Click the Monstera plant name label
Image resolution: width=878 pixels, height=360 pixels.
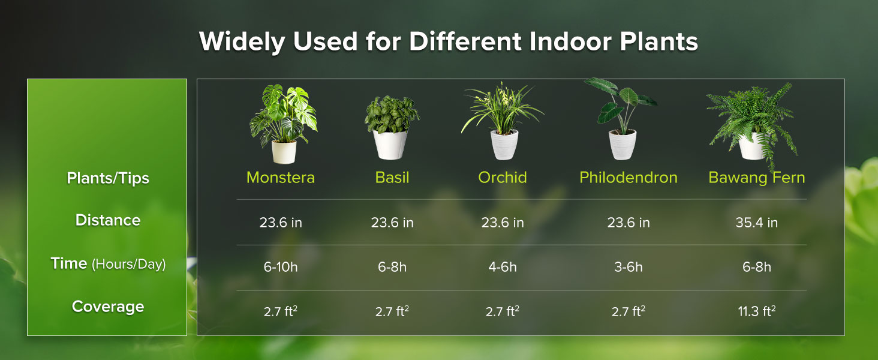click(x=281, y=178)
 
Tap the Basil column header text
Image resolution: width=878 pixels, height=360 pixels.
click(x=392, y=178)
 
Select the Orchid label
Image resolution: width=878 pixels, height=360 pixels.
click(x=503, y=178)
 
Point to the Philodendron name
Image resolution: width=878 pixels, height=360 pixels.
click(x=629, y=178)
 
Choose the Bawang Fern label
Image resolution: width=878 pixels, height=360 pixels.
click(x=757, y=178)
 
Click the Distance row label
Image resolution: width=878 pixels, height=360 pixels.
click(x=108, y=220)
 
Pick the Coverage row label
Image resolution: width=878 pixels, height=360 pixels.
click(x=108, y=307)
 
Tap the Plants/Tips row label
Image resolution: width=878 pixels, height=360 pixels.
click(x=108, y=178)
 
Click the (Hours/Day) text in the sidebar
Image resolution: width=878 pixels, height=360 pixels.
click(x=128, y=264)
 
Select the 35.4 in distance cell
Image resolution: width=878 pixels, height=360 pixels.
click(x=757, y=223)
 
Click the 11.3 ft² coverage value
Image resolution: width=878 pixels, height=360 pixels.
click(x=757, y=311)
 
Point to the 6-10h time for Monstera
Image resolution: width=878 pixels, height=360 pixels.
click(x=281, y=267)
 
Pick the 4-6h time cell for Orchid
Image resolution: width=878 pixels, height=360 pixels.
click(x=503, y=267)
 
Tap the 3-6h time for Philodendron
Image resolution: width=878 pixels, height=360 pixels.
click(x=629, y=267)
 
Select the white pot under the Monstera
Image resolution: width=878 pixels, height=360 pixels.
click(x=284, y=152)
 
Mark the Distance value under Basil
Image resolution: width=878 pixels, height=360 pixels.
click(x=392, y=223)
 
